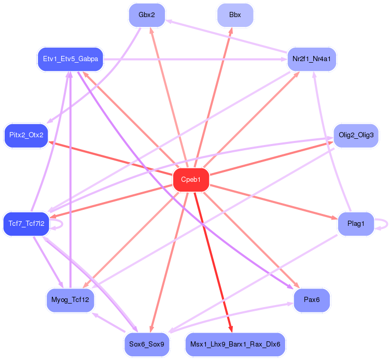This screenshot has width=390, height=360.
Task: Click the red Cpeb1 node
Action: [191, 180]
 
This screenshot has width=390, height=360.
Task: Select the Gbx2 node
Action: [147, 15]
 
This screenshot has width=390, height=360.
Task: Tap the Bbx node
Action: [235, 15]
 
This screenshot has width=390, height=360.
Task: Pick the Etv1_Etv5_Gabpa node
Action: [71, 59]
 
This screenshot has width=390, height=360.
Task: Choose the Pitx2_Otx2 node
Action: [26, 135]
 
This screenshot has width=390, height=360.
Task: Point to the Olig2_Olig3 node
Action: [356, 135]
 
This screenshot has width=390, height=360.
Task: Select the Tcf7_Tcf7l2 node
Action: [26, 224]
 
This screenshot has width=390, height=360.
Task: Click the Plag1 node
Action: [356, 224]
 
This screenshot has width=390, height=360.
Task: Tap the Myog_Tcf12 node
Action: [71, 300]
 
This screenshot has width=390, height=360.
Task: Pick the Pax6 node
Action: [312, 300]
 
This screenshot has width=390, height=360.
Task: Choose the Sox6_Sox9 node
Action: [147, 344]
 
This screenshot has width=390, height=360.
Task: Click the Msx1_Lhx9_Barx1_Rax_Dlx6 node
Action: [235, 344]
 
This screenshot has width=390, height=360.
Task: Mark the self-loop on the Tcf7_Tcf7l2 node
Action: [60, 224]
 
